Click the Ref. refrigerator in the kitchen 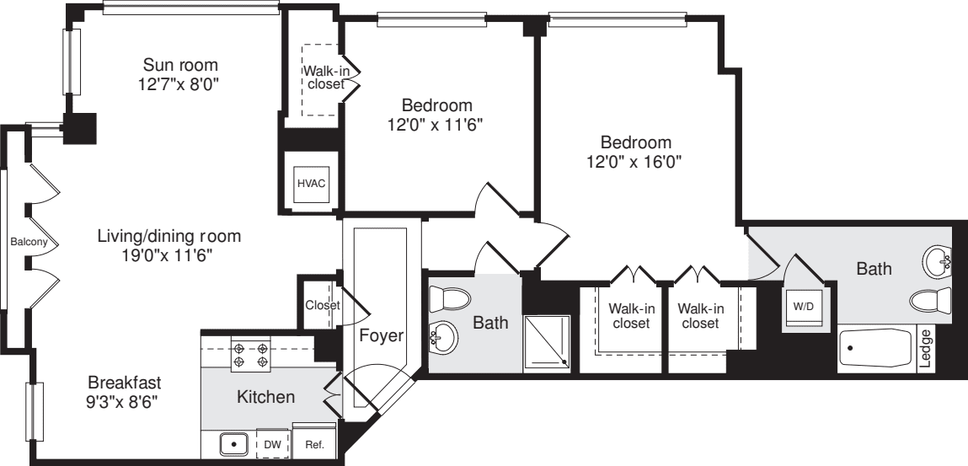(314, 442)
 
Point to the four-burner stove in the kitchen (250, 355)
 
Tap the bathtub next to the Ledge (876, 349)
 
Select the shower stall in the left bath (548, 344)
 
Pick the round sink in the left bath (444, 340)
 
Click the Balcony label (23, 242)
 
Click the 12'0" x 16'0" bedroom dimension (635, 162)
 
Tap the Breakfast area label (124, 382)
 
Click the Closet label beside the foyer (322, 305)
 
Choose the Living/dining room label (168, 236)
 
